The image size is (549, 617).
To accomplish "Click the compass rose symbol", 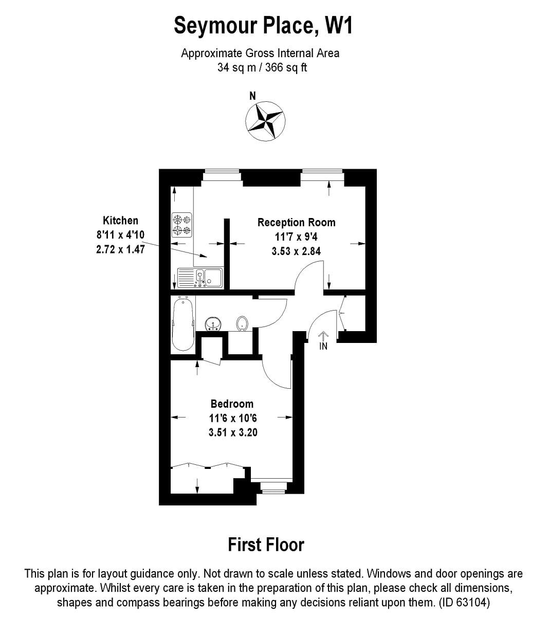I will (265, 121).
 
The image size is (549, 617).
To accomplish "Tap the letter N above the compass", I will (252, 96).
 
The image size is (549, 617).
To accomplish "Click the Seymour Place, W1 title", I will (263, 25).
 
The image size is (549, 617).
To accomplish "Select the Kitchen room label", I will (120, 221).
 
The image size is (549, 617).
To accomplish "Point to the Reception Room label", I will (296, 223).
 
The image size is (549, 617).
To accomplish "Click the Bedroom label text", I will (232, 404).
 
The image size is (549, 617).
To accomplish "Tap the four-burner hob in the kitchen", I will (181, 225).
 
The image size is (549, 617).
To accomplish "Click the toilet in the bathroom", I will (243, 323).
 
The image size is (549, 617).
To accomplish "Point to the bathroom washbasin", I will (213, 324).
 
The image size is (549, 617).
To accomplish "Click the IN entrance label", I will (323, 346).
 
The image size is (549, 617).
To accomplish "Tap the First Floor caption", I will (266, 545).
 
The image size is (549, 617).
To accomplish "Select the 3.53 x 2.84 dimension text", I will (296, 251).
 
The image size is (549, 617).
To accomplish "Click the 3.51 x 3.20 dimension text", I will (233, 432).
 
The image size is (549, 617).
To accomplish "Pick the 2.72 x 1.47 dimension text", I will (120, 249).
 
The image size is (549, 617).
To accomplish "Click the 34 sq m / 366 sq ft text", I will (262, 67).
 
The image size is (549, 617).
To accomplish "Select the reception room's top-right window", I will (322, 176).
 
